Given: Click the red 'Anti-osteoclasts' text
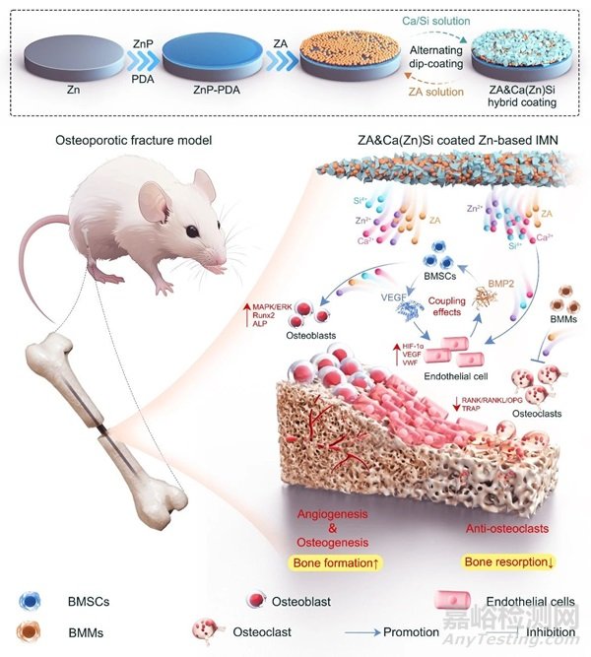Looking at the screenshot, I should click(492, 528).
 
